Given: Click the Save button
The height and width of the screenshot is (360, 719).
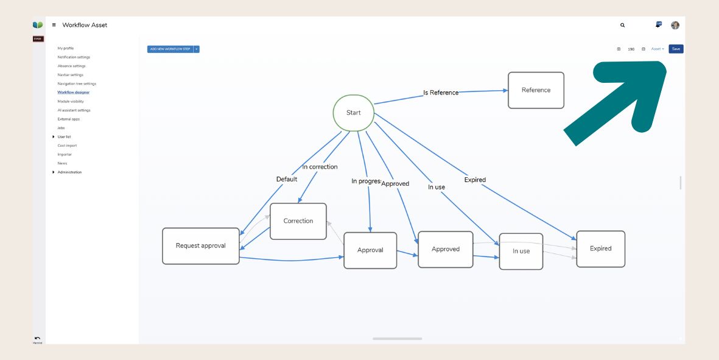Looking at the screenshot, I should point(676,49).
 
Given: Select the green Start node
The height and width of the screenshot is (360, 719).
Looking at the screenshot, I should point(353,113).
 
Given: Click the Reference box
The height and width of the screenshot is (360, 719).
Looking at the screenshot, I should point(536,90).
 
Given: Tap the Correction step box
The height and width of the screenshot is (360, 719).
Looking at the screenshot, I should point(298,221).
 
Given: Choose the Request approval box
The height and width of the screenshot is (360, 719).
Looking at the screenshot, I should point(201,246).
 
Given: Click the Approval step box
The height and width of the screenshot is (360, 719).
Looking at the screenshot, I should point(370,250).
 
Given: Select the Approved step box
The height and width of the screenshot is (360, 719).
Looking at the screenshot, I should point(446,249).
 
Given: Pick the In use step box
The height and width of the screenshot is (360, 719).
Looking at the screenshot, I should point(521,251).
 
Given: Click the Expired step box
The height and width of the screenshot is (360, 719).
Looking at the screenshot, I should point(600,249).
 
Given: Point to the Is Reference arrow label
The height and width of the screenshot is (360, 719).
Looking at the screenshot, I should point(441,93).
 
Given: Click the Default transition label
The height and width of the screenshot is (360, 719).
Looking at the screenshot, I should point(287,179).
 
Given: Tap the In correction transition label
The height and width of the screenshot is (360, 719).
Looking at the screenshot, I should point(320,167).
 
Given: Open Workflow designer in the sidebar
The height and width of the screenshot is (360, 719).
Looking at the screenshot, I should point(74,93).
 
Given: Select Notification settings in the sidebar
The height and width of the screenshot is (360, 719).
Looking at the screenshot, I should point(74,57).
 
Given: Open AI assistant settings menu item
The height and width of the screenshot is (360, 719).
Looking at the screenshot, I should point(74,110).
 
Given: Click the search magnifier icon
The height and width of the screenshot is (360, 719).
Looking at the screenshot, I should point(622,26).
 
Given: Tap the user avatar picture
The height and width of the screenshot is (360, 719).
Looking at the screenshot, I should point(675,26).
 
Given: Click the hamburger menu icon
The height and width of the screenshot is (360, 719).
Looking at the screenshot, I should point(54,25).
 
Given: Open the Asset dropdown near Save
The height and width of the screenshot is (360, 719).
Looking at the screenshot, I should point(658,49).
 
